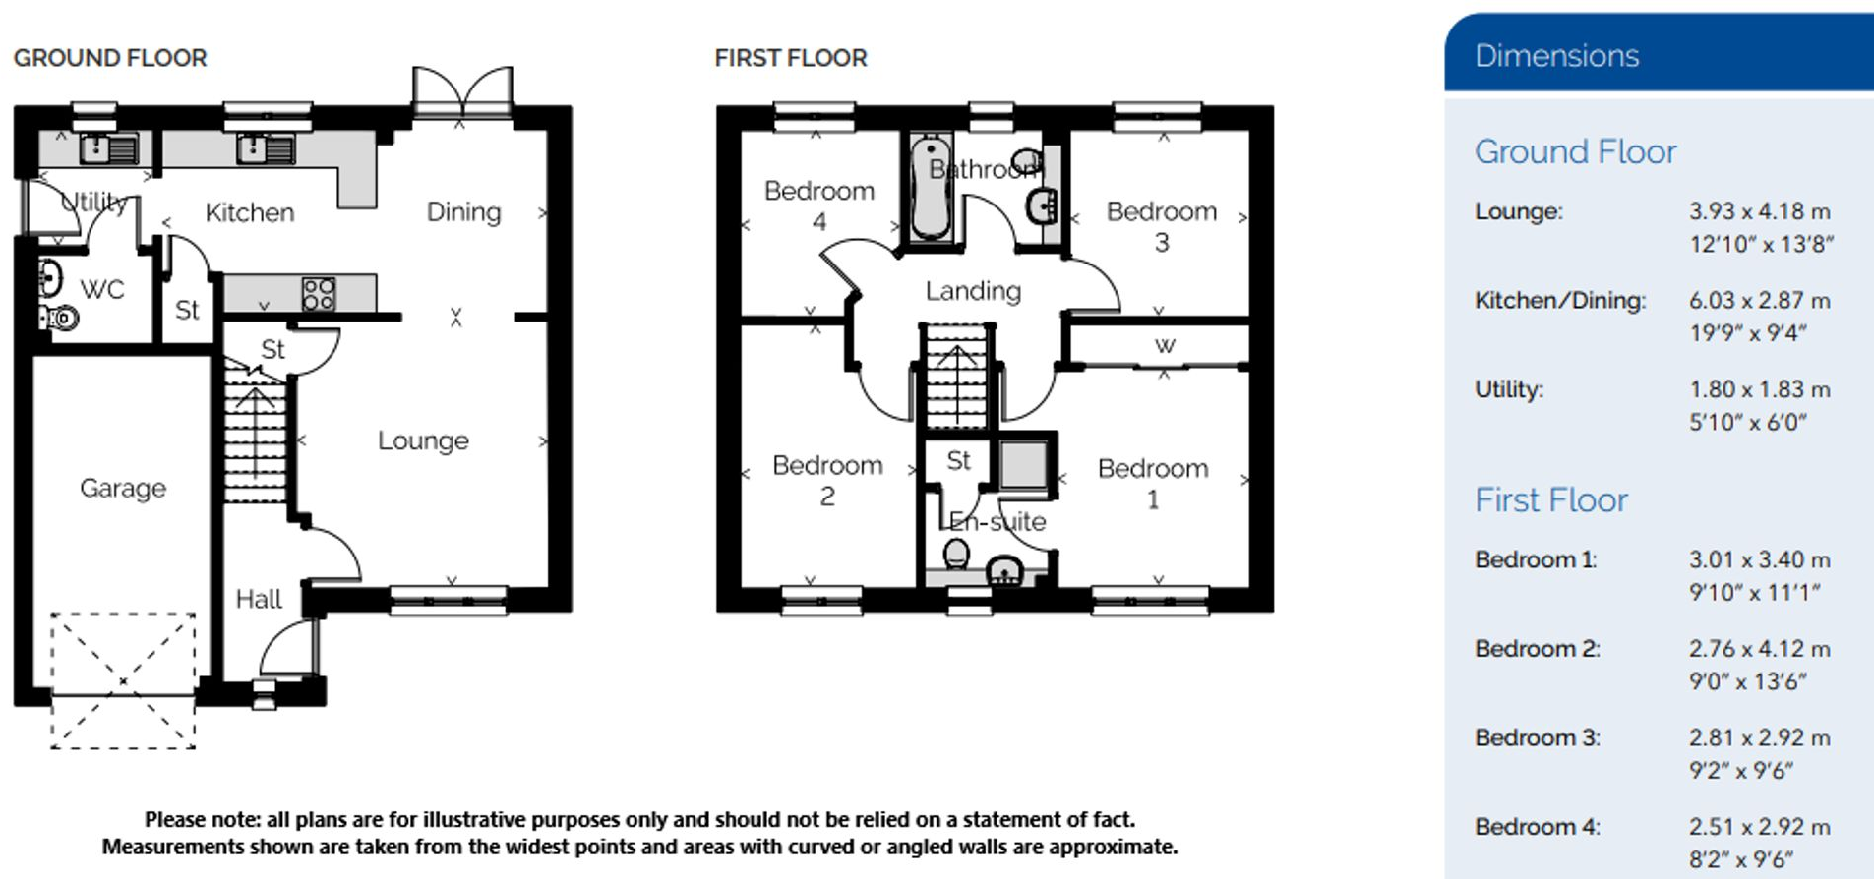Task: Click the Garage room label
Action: click(123, 488)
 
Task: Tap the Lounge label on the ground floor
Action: click(423, 440)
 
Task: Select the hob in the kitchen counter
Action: click(319, 294)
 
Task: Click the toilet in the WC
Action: click(61, 318)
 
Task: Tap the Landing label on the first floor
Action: click(973, 291)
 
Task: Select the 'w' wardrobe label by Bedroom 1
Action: click(1165, 345)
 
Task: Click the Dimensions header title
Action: click(1556, 56)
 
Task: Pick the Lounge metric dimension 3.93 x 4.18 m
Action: click(1759, 211)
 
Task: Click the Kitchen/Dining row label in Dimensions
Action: click(1559, 301)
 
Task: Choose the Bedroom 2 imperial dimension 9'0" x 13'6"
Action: click(1747, 681)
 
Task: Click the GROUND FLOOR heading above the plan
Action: click(110, 58)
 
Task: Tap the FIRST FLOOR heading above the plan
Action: click(791, 58)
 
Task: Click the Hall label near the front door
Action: click(259, 599)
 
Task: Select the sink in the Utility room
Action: click(108, 149)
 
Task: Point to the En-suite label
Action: click(997, 522)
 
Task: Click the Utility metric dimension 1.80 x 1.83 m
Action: click(1759, 390)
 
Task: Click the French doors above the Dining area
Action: click(462, 90)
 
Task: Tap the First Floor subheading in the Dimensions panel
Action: click(1550, 500)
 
